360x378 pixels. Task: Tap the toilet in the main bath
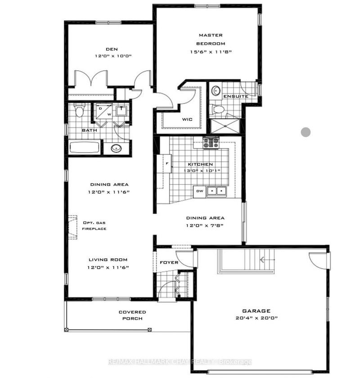pyautogui.click(x=80, y=110)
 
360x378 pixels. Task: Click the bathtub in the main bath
pyautogui.click(x=84, y=148)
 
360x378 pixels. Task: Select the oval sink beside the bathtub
pyautogui.click(x=116, y=148)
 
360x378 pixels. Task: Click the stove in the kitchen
pyautogui.click(x=210, y=143)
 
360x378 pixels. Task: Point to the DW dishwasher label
pyautogui.click(x=199, y=192)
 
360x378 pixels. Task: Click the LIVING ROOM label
pyautogui.click(x=108, y=260)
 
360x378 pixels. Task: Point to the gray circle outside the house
pyautogui.click(x=306, y=132)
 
